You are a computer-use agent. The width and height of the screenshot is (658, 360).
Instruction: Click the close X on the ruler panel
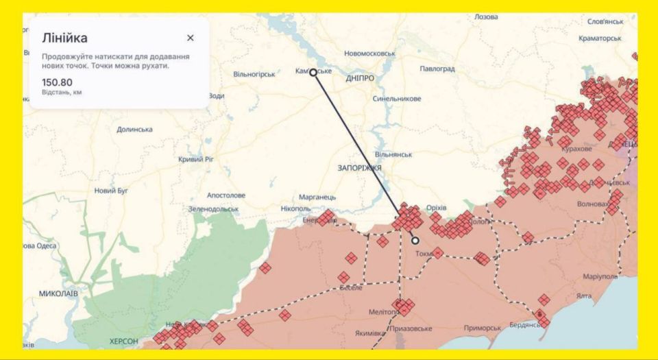(191, 38)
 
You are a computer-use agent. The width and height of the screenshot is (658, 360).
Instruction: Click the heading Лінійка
(64, 38)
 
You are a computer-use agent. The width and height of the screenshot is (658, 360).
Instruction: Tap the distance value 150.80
(57, 82)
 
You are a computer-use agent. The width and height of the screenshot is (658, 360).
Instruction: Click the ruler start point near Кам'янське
(313, 72)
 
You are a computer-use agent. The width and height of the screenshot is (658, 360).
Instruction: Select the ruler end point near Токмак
(415, 241)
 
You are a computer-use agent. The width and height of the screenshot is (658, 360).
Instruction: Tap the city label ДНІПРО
(360, 78)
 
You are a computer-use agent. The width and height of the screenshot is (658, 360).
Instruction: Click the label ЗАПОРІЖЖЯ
(359, 167)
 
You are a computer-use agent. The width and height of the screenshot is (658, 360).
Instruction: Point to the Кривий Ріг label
(196, 159)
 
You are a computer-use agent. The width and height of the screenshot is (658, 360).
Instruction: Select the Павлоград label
(437, 69)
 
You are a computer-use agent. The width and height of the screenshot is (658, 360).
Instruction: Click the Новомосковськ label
(370, 53)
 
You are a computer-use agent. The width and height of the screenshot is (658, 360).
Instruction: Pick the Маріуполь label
(581, 277)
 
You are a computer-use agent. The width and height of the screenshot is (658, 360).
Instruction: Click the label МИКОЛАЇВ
(58, 293)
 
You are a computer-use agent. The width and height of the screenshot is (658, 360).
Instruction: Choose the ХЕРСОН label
(123, 341)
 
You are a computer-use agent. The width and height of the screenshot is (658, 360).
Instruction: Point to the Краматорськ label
(600, 38)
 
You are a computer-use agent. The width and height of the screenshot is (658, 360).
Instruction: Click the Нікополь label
(296, 208)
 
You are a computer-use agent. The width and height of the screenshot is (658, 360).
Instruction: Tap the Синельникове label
(397, 99)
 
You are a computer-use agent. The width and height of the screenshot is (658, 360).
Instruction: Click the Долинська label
(134, 130)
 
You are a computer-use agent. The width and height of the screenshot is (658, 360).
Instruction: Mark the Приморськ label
(482, 328)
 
